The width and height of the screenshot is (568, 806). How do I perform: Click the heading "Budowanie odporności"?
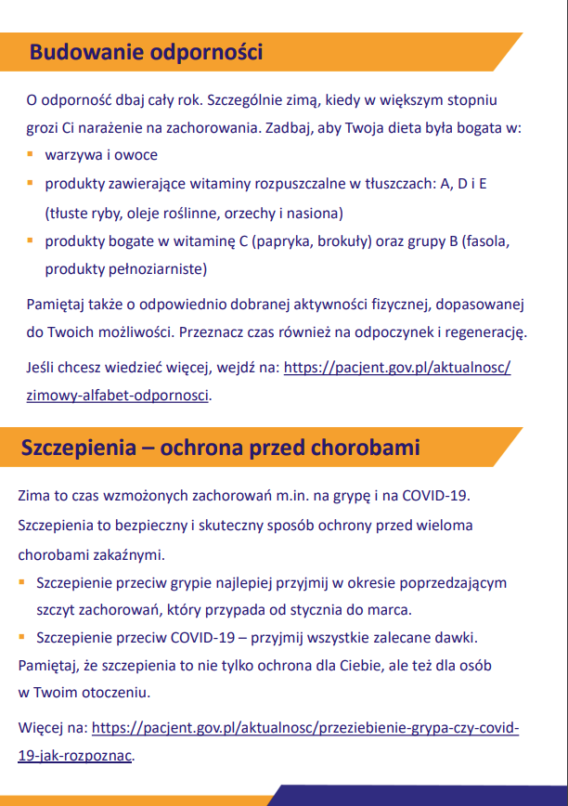(x=146, y=52)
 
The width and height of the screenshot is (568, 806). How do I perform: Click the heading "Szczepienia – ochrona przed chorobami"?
(x=221, y=448)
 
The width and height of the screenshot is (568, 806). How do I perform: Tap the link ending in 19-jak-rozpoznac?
(x=75, y=755)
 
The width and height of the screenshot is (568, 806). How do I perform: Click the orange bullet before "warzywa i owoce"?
(x=31, y=154)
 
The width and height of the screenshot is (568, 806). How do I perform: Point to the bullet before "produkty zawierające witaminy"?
(x=31, y=183)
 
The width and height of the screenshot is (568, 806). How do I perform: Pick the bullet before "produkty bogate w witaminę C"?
(x=31, y=240)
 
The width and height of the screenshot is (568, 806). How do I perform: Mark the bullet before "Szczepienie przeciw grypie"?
(x=22, y=583)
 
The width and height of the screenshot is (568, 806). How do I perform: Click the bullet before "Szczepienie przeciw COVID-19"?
(x=22, y=638)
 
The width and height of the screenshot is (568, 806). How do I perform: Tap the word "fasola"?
(x=487, y=241)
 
